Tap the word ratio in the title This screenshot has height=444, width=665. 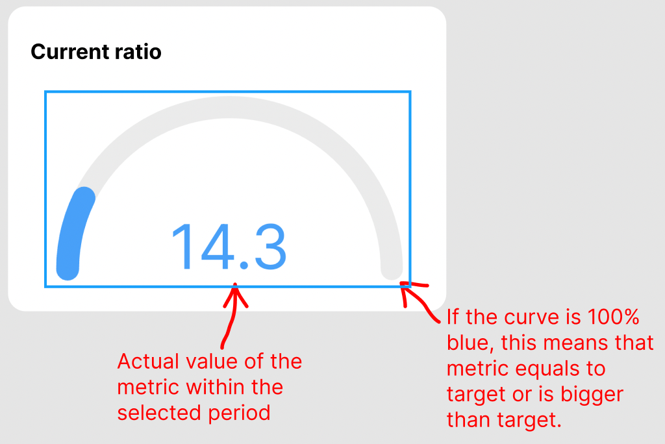click(138, 52)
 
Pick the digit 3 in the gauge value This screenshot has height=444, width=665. click(270, 247)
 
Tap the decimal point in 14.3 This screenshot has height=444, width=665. click(244, 265)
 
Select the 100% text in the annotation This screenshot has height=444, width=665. click(613, 317)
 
